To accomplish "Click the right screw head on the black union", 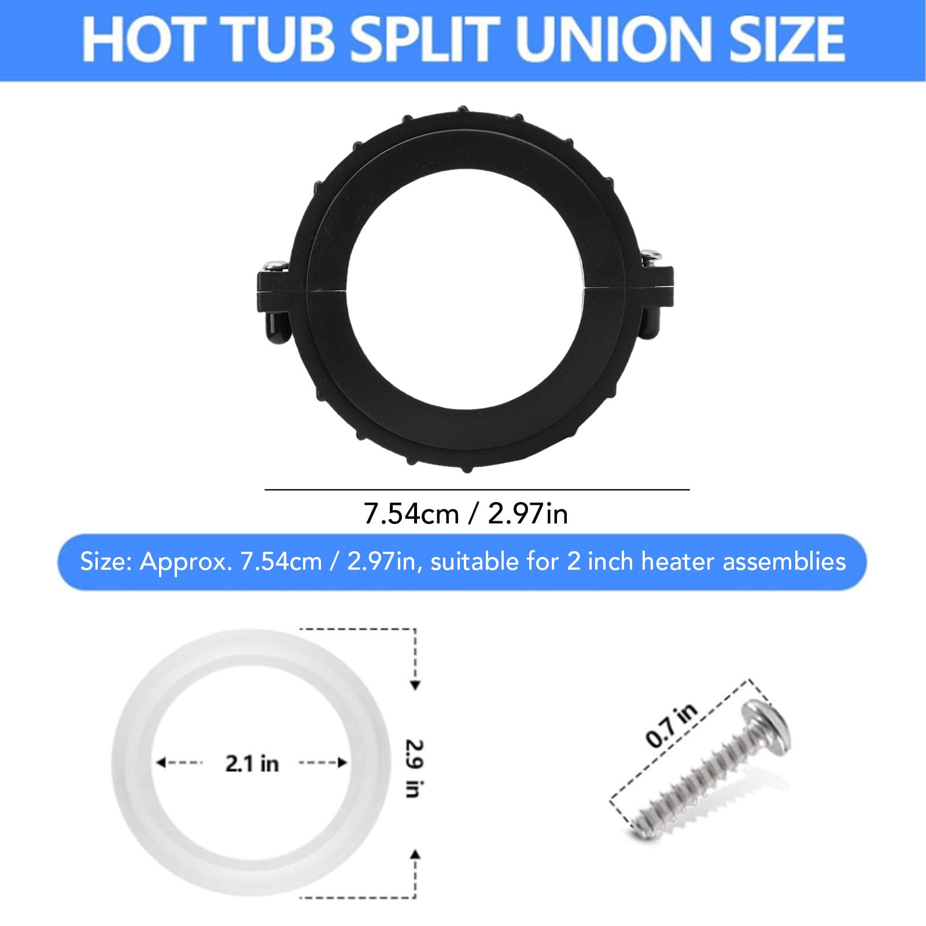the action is (x=652, y=254).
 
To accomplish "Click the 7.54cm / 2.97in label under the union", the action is (x=466, y=514).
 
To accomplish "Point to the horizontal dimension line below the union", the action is (x=477, y=489).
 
